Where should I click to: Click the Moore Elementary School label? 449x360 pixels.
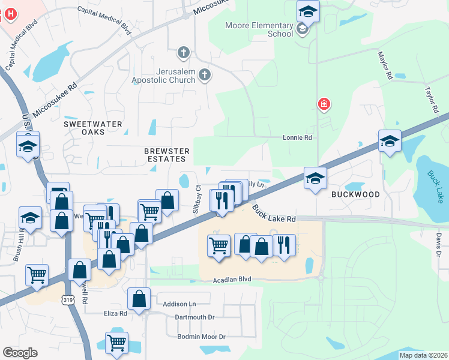click(259, 30)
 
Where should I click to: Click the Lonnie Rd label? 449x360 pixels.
click(298, 137)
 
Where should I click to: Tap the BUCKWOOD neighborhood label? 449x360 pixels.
click(355, 195)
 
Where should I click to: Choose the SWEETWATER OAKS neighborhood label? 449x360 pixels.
click(93, 128)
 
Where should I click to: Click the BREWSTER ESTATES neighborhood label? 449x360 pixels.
click(167, 155)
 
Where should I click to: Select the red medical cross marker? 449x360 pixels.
click(324, 105)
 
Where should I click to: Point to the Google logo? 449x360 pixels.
click(20, 353)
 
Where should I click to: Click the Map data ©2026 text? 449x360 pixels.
click(423, 355)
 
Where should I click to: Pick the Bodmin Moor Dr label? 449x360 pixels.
click(201, 337)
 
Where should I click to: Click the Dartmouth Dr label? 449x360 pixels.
click(194, 317)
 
